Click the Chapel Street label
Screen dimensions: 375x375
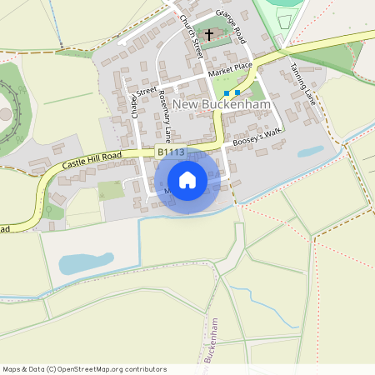139,100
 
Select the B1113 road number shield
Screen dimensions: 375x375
170,152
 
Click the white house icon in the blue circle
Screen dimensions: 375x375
187,180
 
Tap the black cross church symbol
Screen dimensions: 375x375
208,35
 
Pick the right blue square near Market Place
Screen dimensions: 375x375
237,92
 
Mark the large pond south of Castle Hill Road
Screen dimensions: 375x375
86,262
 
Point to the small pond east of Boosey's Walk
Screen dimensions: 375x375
310,152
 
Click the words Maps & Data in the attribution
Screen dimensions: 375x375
22,369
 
